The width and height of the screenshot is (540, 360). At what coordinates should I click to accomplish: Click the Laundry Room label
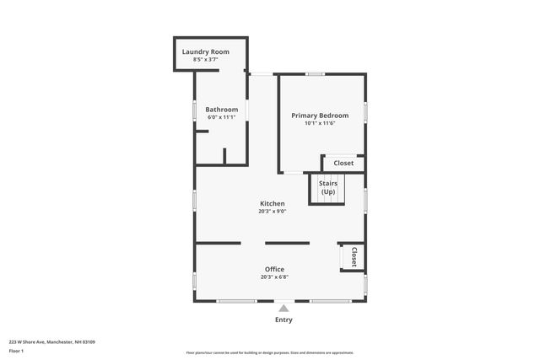pos(205,51)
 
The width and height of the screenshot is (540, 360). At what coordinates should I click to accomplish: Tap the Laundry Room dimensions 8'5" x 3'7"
pos(205,60)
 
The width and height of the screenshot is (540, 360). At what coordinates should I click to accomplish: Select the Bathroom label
pos(223,109)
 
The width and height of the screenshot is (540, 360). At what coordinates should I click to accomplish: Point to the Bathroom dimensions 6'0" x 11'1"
pos(223,117)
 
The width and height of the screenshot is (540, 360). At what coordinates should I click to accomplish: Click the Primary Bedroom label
pos(320,115)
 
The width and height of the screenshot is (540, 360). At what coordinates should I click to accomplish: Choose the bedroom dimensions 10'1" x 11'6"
pos(320,123)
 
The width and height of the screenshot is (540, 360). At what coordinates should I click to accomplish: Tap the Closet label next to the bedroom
pos(343,163)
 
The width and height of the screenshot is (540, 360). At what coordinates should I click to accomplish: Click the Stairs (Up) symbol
pos(327,187)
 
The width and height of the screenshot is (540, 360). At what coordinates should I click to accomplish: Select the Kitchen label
pos(272,203)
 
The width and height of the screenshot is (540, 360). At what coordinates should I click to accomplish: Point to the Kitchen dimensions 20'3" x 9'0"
pos(272,212)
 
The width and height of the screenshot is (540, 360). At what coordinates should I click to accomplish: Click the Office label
pos(274,269)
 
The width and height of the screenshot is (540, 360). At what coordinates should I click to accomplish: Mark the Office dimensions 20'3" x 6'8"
pos(274,277)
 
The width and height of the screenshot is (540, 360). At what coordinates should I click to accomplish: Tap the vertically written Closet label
pos(354,257)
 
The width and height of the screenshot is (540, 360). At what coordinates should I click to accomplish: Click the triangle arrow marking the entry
pos(283,309)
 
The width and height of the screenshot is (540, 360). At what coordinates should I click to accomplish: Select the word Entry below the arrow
pos(283,320)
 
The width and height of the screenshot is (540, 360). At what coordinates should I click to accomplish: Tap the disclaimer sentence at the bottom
pos(270,352)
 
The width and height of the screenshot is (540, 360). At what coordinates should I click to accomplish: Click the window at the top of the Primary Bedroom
pos(315,74)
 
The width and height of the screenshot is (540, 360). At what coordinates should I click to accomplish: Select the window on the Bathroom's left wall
pos(195,110)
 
